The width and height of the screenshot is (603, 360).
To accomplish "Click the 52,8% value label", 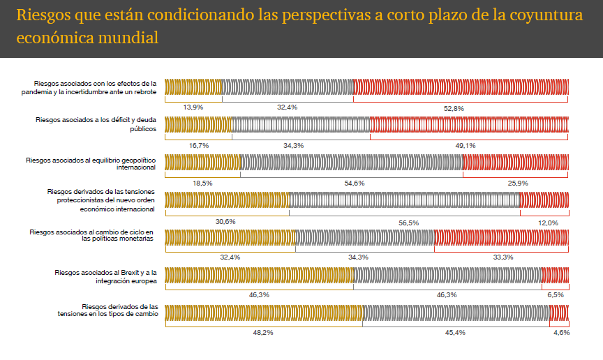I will point(454,107).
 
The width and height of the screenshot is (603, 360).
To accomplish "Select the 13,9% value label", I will point(193,107).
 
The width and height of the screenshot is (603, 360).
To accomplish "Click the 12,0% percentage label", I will point(548,222).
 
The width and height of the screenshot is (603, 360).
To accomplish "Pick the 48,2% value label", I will point(263,333).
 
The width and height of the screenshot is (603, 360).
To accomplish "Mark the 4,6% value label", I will point(561,333).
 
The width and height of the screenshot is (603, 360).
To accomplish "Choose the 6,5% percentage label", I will point(556,295).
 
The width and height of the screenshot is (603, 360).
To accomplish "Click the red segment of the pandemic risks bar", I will point(461,87).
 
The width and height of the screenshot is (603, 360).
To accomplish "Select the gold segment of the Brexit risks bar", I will point(259,275).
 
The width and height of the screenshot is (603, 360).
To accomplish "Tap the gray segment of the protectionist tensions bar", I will point(404,200).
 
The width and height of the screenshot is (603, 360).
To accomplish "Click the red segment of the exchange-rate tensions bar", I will point(559,313).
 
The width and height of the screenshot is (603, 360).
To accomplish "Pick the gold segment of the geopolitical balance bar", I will point(202,162).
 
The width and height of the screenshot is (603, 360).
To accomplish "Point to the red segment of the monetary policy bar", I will point(501,237).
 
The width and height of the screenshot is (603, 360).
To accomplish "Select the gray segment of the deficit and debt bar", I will point(300,124).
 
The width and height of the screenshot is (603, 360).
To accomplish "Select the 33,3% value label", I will point(503,257).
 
